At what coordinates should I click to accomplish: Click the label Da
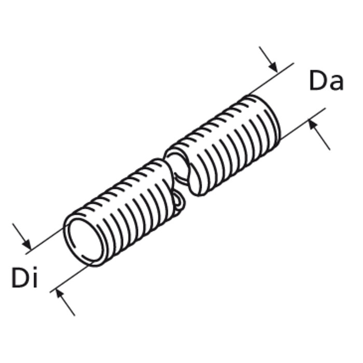(326, 80)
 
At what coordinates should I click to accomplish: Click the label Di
(24, 277)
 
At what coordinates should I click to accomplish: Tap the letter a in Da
(336, 83)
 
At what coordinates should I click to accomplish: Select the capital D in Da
(317, 80)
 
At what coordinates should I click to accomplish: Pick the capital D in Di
(20, 278)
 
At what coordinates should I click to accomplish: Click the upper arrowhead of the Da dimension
(273, 67)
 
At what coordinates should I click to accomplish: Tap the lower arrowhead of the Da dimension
(313, 125)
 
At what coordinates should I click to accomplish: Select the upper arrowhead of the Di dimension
(27, 244)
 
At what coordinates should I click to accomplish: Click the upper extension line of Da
(271, 79)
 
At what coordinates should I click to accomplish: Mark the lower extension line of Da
(303, 123)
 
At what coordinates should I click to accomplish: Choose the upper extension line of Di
(45, 241)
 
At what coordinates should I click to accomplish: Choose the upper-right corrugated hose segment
(222, 145)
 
